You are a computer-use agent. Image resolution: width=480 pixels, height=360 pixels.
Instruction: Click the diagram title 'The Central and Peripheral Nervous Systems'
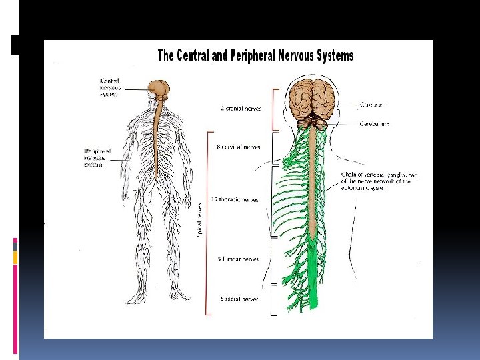[255, 55]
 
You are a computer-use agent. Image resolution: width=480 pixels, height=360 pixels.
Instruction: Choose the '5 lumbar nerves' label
[238, 259]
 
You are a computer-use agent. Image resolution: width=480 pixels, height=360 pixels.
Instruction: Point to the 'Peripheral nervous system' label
[97, 157]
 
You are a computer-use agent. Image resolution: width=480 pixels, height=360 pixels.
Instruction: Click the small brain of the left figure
[160, 88]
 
